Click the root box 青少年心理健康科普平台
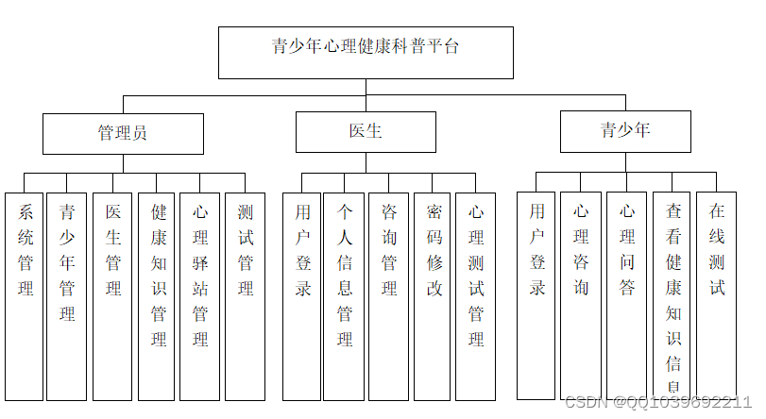pos(366,52)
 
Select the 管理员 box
pos(123,133)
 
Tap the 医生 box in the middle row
pos(366,132)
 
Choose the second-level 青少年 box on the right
pos(625,131)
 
